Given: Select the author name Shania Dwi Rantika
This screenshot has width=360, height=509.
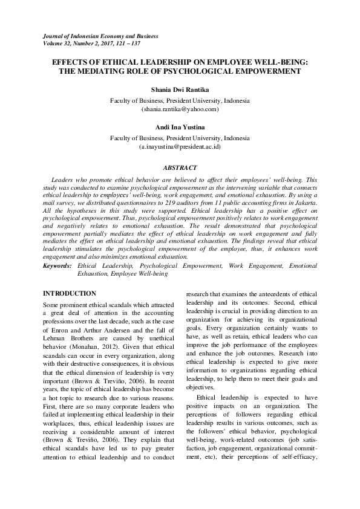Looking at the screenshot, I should [x=179, y=89].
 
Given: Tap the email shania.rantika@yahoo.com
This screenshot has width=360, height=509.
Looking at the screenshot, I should [x=179, y=109].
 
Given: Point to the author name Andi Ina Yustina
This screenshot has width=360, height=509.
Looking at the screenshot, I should [x=179, y=128].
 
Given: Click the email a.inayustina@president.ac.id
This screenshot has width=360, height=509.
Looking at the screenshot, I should [x=179, y=147].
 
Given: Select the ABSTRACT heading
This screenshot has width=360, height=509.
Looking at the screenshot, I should [x=180, y=166].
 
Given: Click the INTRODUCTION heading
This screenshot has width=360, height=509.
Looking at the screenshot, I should [x=70, y=293].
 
